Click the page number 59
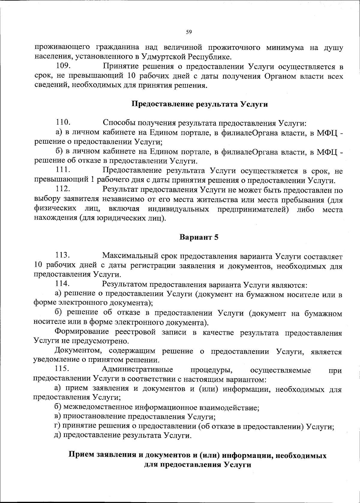pyautogui.click(x=189, y=32)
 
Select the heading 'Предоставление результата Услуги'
pyautogui.click(x=199, y=104)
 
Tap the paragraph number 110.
pyautogui.click(x=63, y=122)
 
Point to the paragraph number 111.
pyautogui.click(x=63, y=170)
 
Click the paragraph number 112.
pyautogui.click(x=63, y=189)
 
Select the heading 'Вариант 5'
pyautogui.click(x=199, y=237)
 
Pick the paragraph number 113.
pyautogui.click(x=63, y=256)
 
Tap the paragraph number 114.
pyautogui.click(x=63, y=283)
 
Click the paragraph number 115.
pyautogui.click(x=63, y=370)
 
